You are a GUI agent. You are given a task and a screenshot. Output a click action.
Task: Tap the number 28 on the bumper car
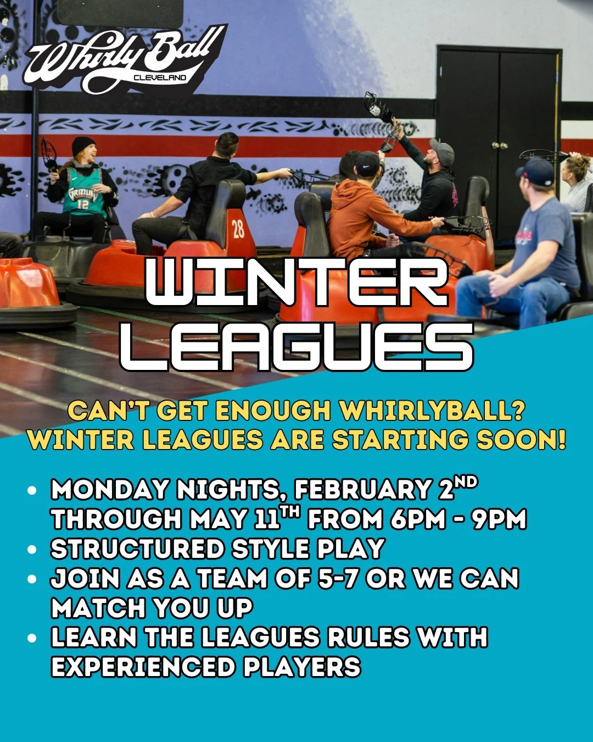[x=238, y=229]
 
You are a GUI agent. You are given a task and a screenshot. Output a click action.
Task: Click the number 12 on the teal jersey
[x=82, y=204]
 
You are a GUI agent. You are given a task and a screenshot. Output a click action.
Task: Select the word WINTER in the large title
[x=296, y=284]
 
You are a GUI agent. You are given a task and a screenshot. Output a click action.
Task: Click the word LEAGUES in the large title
[x=296, y=346]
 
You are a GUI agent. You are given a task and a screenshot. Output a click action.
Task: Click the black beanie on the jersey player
[x=83, y=145]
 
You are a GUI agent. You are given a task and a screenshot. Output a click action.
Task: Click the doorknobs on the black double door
[x=499, y=146]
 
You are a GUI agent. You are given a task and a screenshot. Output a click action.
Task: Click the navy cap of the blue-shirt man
[x=536, y=170]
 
